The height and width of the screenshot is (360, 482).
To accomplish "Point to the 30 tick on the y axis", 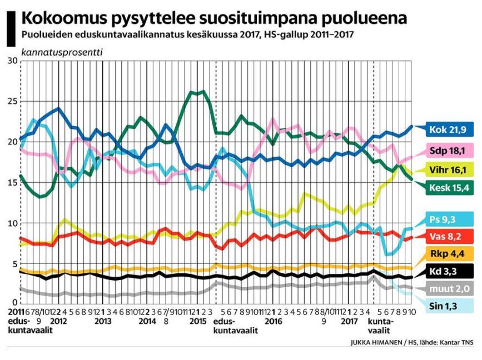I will pos(12,60).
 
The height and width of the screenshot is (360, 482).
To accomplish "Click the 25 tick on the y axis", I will pos(12,101).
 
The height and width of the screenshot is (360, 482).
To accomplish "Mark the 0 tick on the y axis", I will pos(14,305).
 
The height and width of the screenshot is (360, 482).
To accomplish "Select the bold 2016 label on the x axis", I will pos(272,321).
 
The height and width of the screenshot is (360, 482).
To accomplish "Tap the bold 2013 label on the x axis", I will pos(102,321).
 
